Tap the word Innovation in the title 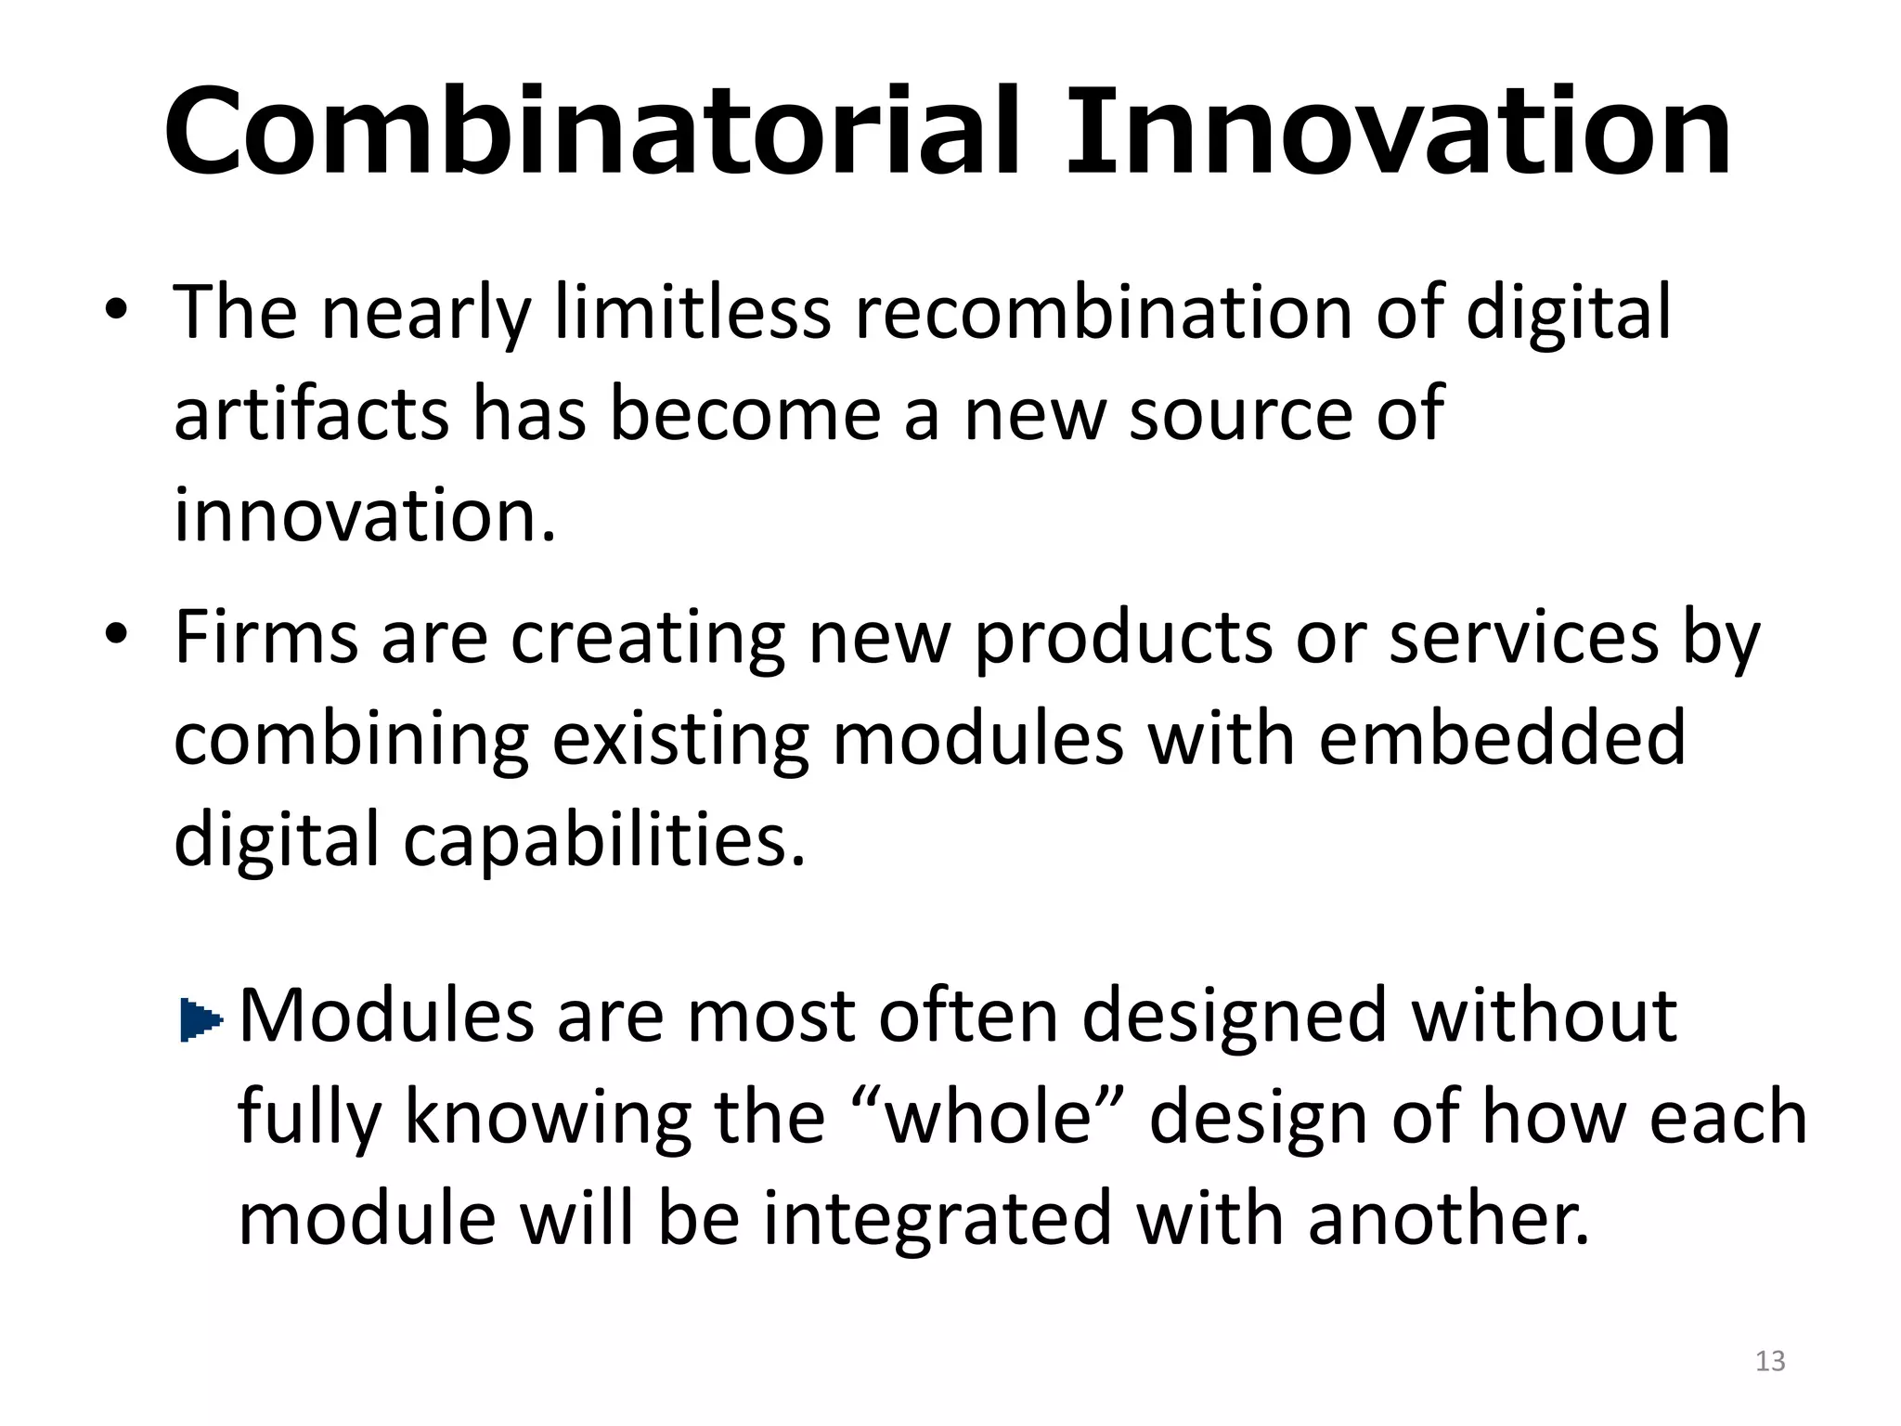[x=1398, y=132]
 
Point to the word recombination [x=1103, y=312]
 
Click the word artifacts [x=311, y=413]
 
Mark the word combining [x=351, y=741]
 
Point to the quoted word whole [x=989, y=1117]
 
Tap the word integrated [x=938, y=1218]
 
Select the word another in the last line [x=1448, y=1218]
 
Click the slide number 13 [x=1770, y=1361]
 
